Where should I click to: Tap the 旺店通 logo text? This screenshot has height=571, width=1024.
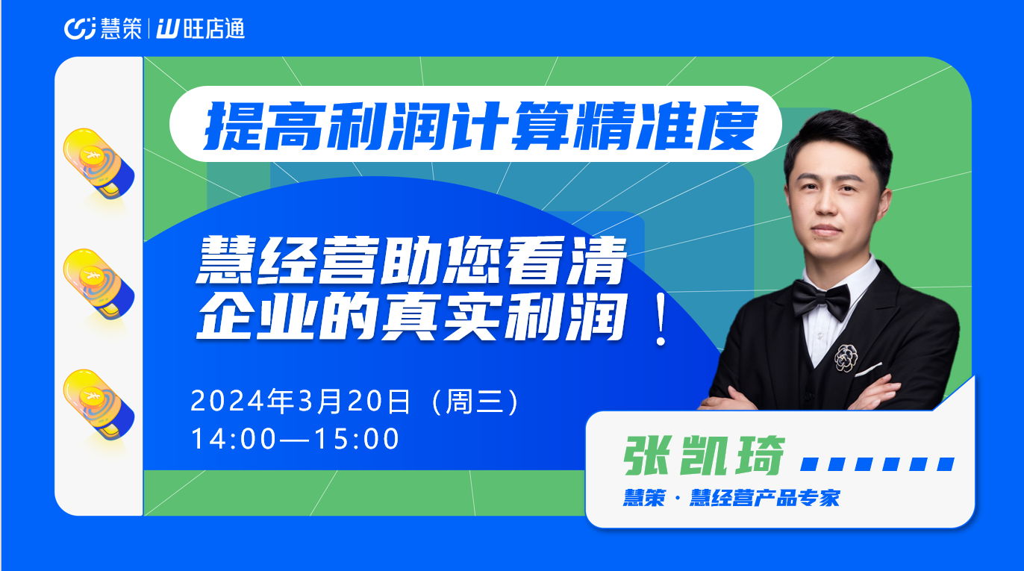pyautogui.click(x=214, y=28)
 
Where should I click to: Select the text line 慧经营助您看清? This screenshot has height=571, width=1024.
pyautogui.click(x=411, y=260)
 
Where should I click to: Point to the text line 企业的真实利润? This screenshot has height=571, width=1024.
pyautogui.click(x=411, y=316)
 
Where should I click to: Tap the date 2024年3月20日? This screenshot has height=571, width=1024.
pyautogui.click(x=300, y=401)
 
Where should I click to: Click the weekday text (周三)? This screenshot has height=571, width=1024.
pyautogui.click(x=475, y=401)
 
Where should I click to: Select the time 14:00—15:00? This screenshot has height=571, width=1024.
pyautogui.click(x=295, y=439)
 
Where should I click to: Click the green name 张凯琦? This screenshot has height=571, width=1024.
pyautogui.click(x=705, y=456)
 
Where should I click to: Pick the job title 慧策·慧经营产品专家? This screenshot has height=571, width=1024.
pyautogui.click(x=731, y=498)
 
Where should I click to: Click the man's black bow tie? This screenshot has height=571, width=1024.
pyautogui.click(x=821, y=300)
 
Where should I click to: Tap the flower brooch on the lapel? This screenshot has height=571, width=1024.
pyautogui.click(x=846, y=358)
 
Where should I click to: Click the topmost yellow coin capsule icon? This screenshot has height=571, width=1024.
pyautogui.click(x=99, y=163)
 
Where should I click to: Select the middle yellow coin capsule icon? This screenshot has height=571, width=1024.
pyautogui.click(x=99, y=284)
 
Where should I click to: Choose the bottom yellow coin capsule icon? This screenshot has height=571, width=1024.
pyautogui.click(x=99, y=405)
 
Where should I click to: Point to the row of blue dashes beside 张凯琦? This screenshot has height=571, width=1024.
pyautogui.click(x=877, y=464)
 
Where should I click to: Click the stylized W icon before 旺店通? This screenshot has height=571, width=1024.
pyautogui.click(x=168, y=28)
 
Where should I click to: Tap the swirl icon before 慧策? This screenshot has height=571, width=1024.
pyautogui.click(x=80, y=28)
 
